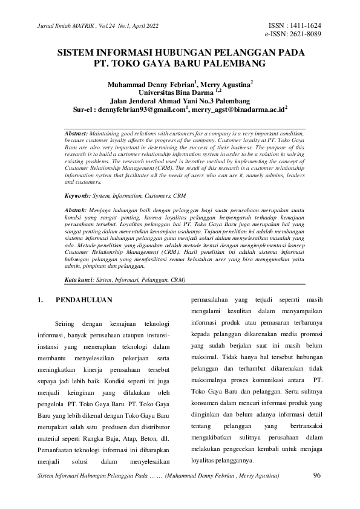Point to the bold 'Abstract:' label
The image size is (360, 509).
click(76, 132)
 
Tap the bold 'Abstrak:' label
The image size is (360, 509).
click(76, 192)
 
